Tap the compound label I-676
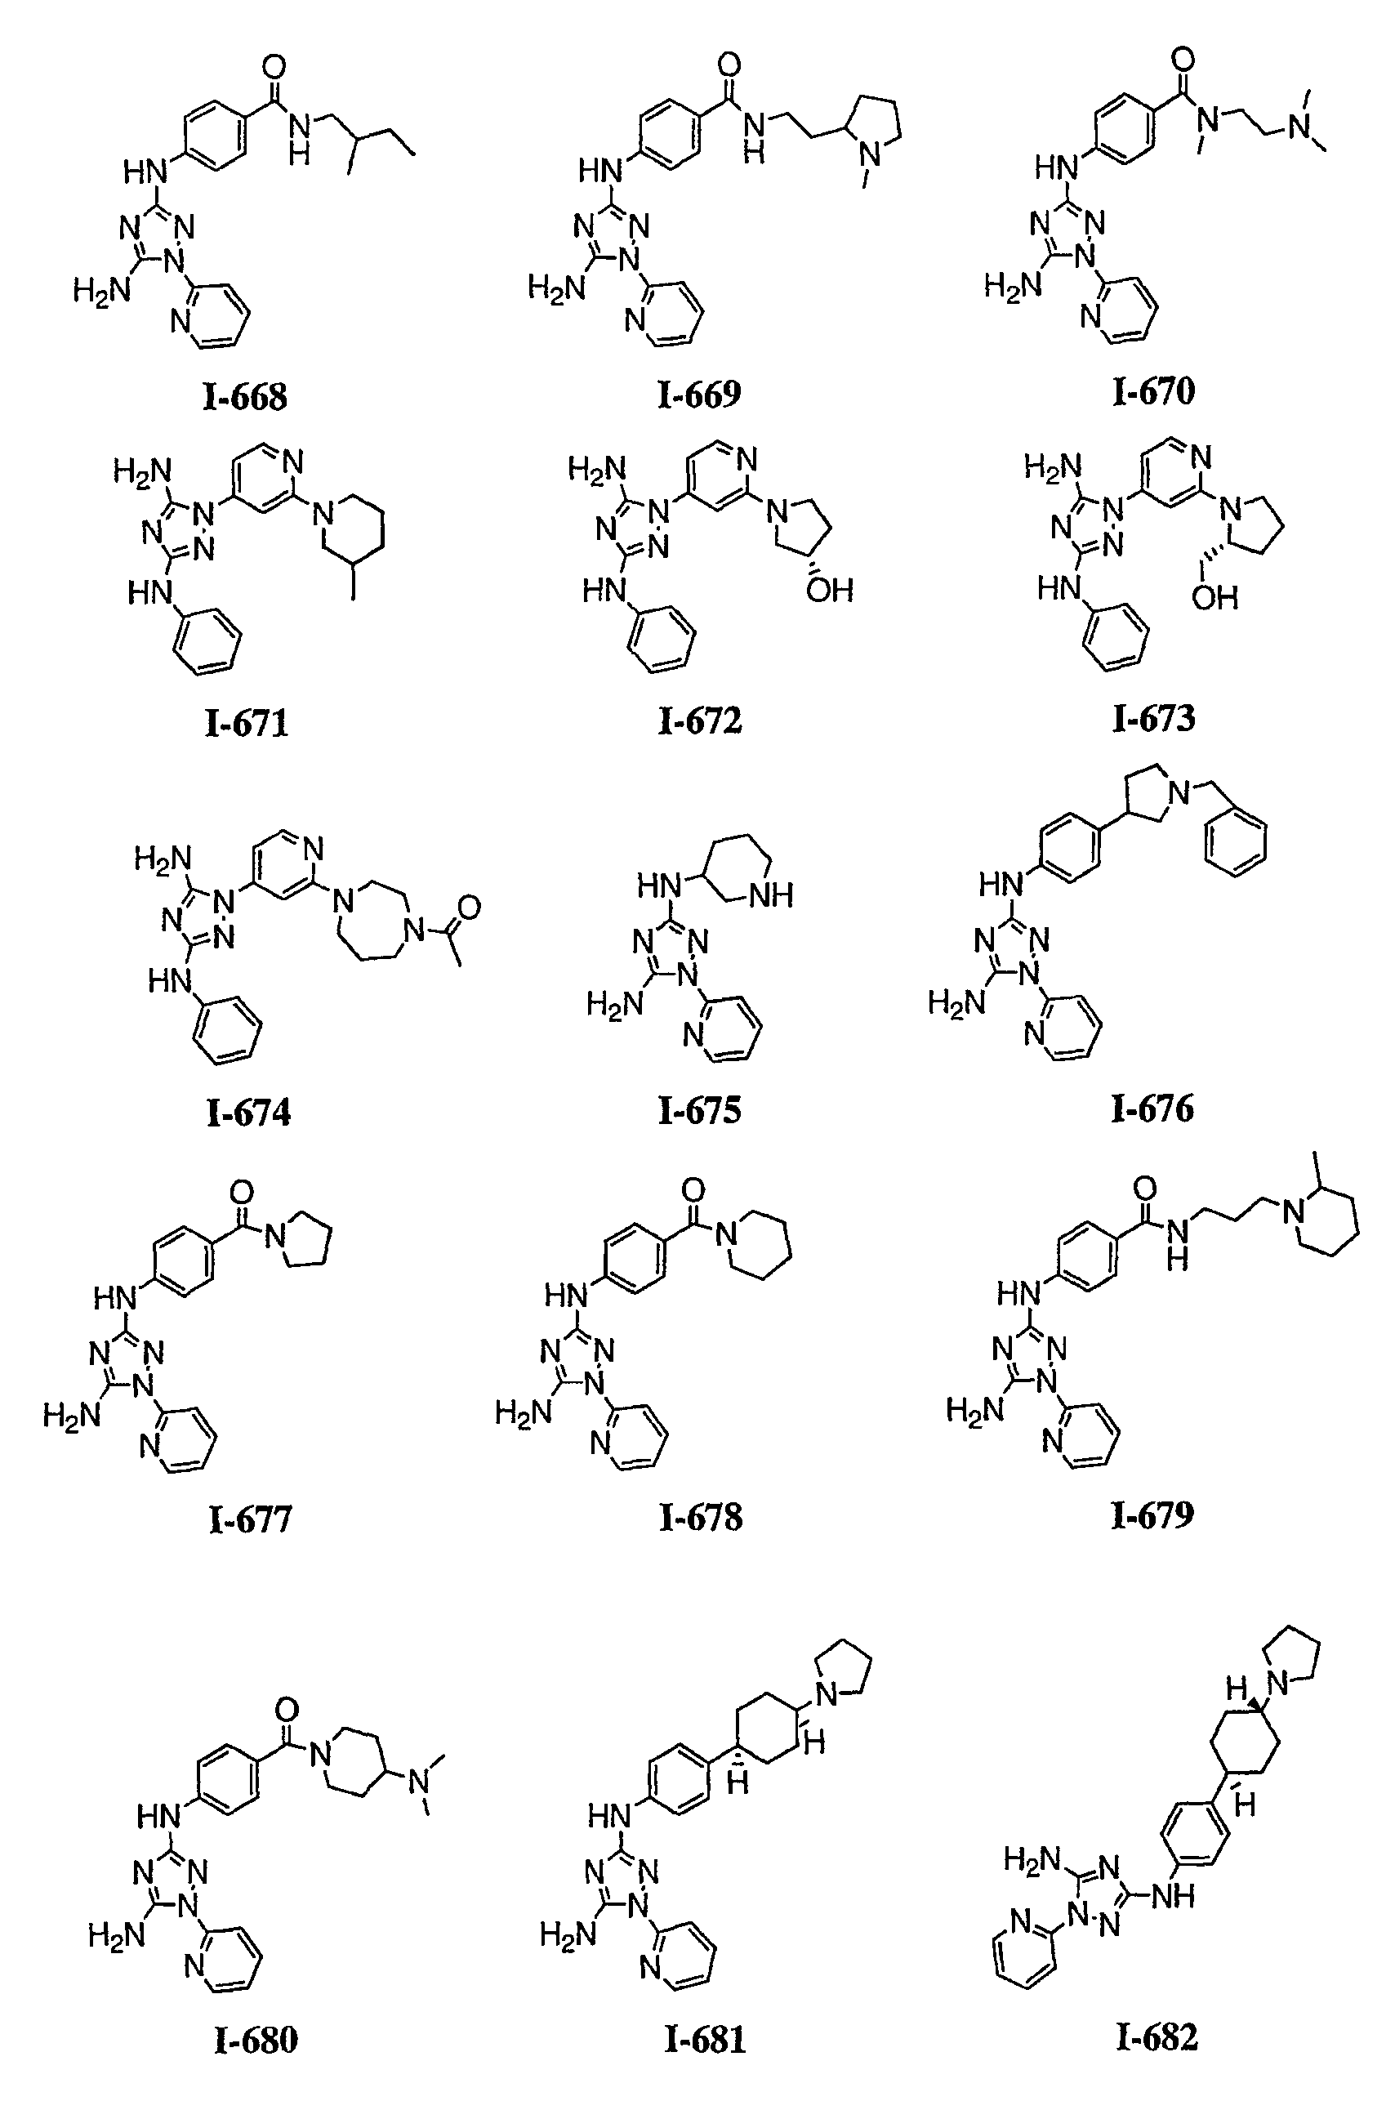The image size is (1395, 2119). (x=1152, y=1109)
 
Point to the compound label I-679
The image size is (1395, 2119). (x=1152, y=1515)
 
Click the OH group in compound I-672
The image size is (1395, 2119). (x=829, y=591)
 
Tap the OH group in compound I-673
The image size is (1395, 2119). (x=1215, y=597)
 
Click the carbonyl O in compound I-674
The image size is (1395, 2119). (x=468, y=908)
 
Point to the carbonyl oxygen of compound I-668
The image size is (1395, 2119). (x=275, y=66)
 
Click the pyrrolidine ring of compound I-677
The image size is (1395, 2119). (x=304, y=1238)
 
